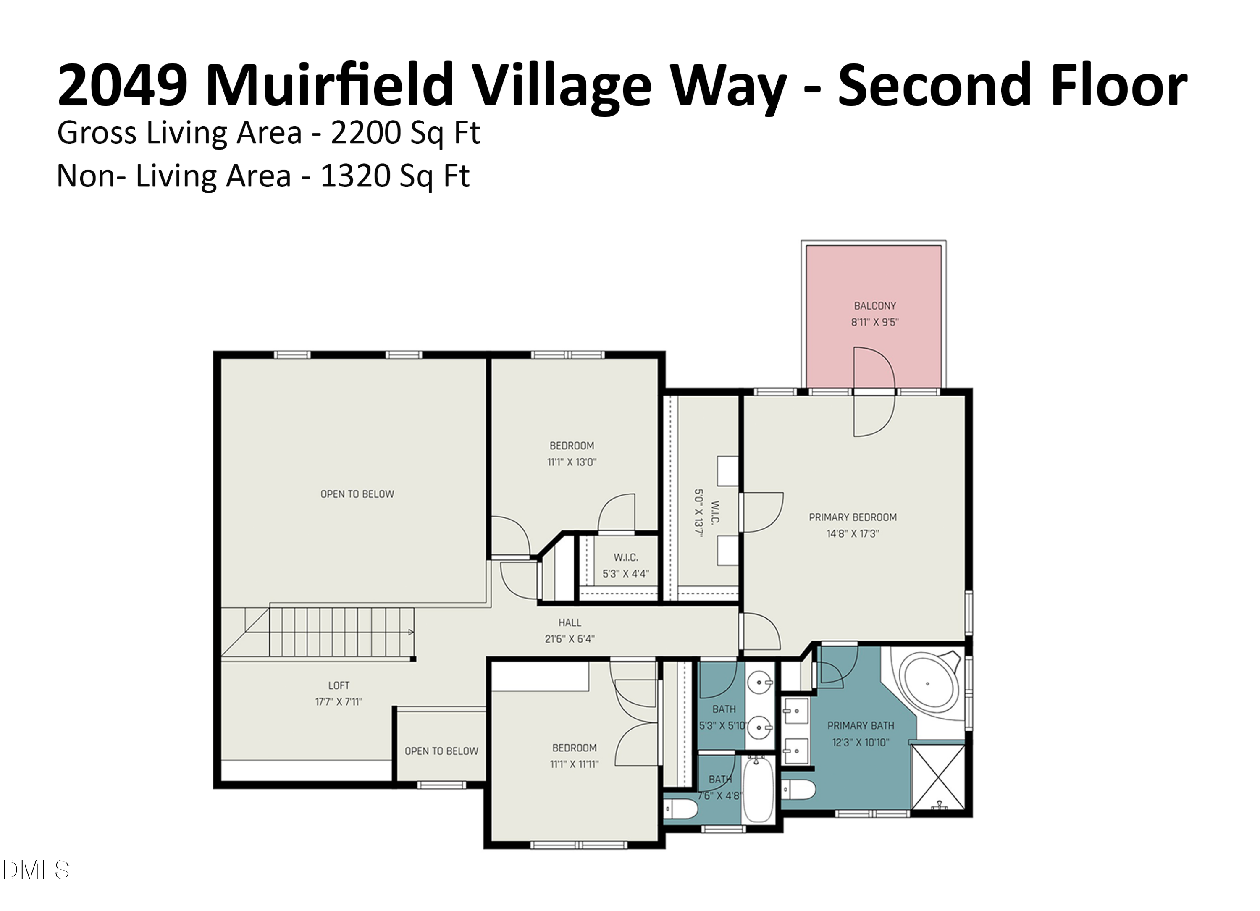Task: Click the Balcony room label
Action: tap(874, 305)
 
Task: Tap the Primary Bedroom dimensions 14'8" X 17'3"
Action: tap(852, 534)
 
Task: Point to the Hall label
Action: tap(570, 623)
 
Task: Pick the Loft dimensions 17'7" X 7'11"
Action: tap(339, 701)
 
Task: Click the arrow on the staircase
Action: tap(411, 632)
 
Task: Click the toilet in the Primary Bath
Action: tap(798, 789)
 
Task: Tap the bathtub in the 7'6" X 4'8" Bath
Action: tap(758, 789)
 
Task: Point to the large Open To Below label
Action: tap(357, 494)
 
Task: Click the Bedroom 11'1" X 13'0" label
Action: tap(572, 446)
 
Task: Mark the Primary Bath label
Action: tap(861, 725)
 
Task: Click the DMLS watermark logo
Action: tap(36, 869)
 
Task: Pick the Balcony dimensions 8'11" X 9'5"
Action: tap(874, 322)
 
